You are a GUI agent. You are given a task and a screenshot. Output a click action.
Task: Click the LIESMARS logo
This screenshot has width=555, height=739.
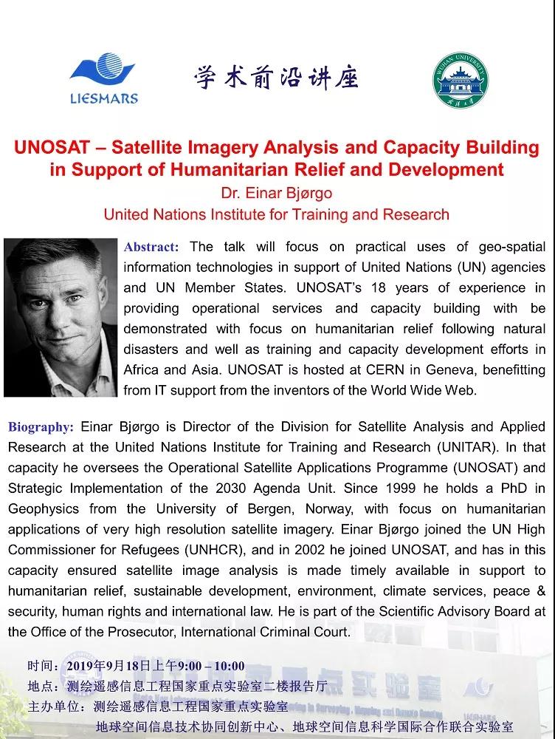(x=103, y=78)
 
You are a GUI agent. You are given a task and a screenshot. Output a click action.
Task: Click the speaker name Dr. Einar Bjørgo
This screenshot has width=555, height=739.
(x=276, y=193)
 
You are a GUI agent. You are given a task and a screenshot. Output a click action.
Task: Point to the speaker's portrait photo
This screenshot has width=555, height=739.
(x=61, y=317)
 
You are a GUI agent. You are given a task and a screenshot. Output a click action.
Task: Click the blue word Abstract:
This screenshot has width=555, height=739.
(x=151, y=247)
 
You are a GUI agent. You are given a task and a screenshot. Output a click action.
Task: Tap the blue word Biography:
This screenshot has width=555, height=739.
(x=41, y=427)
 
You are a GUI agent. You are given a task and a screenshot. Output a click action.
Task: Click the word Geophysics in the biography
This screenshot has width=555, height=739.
(x=44, y=509)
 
